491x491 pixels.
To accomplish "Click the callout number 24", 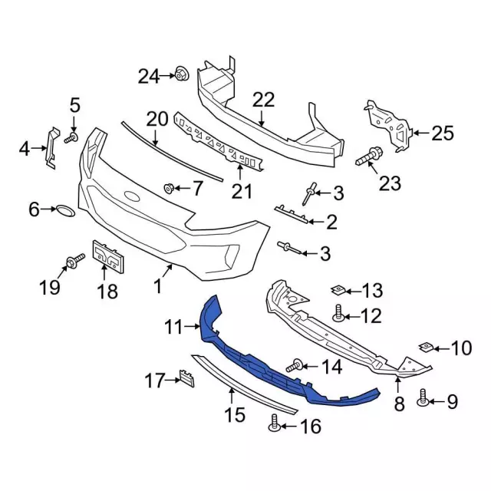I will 148,75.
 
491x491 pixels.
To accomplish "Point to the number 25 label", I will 443,133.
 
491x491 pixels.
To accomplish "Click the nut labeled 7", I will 170,187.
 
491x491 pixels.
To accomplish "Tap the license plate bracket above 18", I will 107,256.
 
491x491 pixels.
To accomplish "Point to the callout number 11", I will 172,328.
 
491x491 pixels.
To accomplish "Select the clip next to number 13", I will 337,290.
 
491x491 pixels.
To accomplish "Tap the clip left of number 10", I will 427,347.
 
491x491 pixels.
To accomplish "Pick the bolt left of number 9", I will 423,397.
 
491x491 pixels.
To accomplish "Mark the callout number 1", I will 157,287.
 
